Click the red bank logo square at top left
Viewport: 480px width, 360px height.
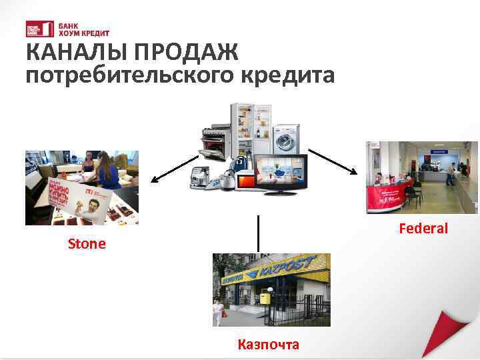pos(35,29)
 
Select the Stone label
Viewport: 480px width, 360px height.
pos(87,244)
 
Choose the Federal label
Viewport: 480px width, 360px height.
pos(423,229)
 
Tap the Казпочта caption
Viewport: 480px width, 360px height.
pos(269,344)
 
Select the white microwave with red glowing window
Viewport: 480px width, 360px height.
pos(247,179)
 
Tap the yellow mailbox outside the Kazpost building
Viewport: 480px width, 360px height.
pos(265,297)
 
